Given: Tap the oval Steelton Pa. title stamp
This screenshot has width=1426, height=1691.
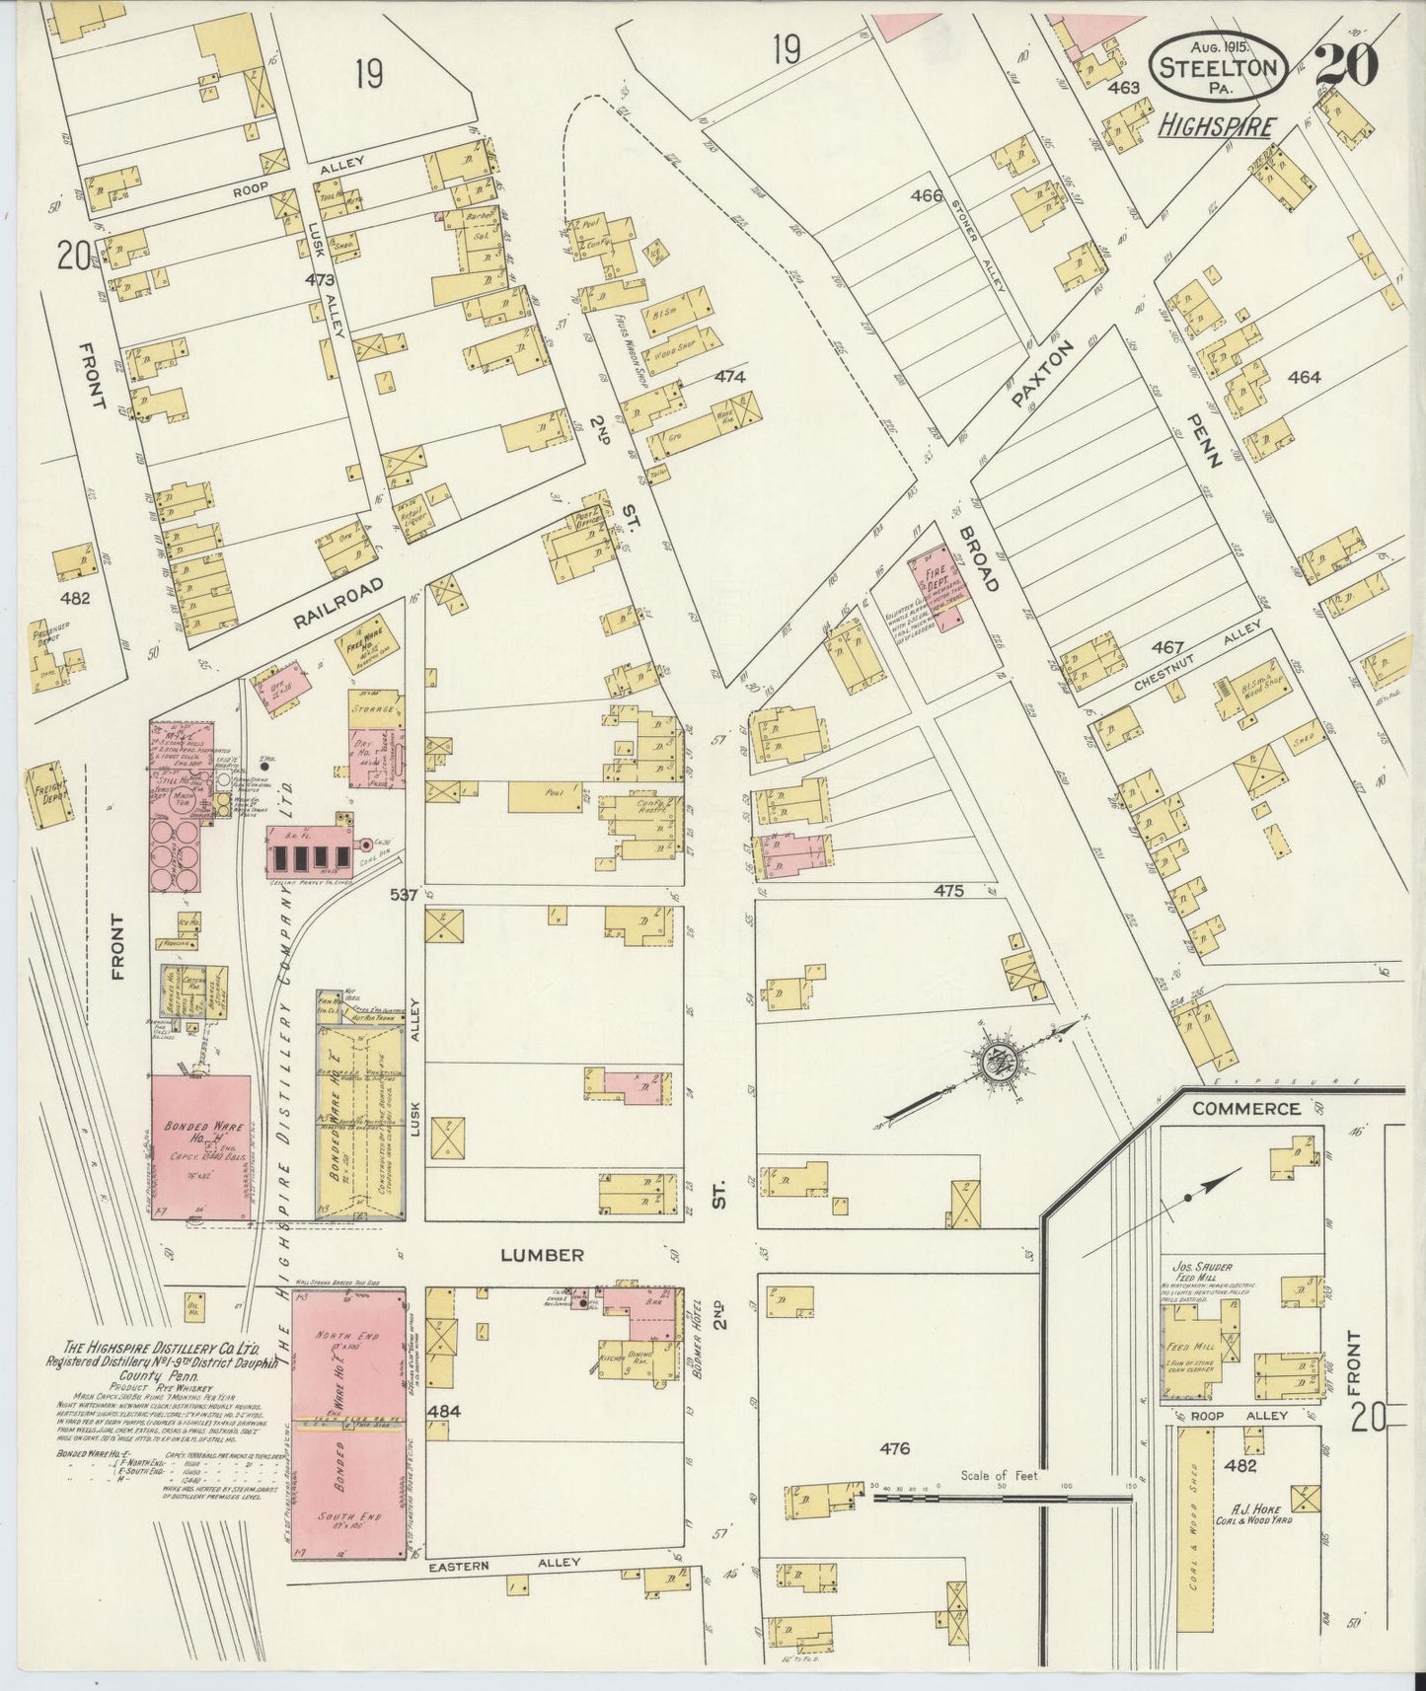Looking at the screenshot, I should coord(1221,66).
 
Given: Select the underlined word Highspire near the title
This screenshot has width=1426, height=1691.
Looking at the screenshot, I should coord(1216,127).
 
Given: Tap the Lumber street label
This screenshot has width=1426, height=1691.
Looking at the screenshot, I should coord(542,1255).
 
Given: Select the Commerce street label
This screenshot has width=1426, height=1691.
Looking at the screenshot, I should coord(1245,1108).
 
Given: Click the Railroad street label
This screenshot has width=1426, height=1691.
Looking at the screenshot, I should coord(337,603).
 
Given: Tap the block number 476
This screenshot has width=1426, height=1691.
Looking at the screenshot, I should coord(894,1448).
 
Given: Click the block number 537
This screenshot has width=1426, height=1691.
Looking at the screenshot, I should coord(405,894).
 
